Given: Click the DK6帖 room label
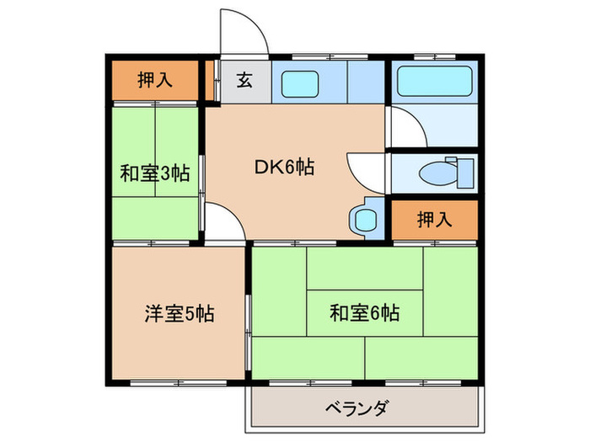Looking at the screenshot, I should tap(285, 168).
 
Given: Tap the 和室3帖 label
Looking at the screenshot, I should tap(153, 174).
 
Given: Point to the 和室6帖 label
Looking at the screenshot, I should tap(364, 315).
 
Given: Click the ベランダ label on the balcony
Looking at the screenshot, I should tap(357, 409).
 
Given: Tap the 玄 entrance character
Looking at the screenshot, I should tap(244, 81).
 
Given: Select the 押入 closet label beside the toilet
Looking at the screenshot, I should tap(435, 221).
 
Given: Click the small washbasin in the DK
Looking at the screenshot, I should tap(366, 221).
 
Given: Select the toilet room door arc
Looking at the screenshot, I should tap(367, 172).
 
